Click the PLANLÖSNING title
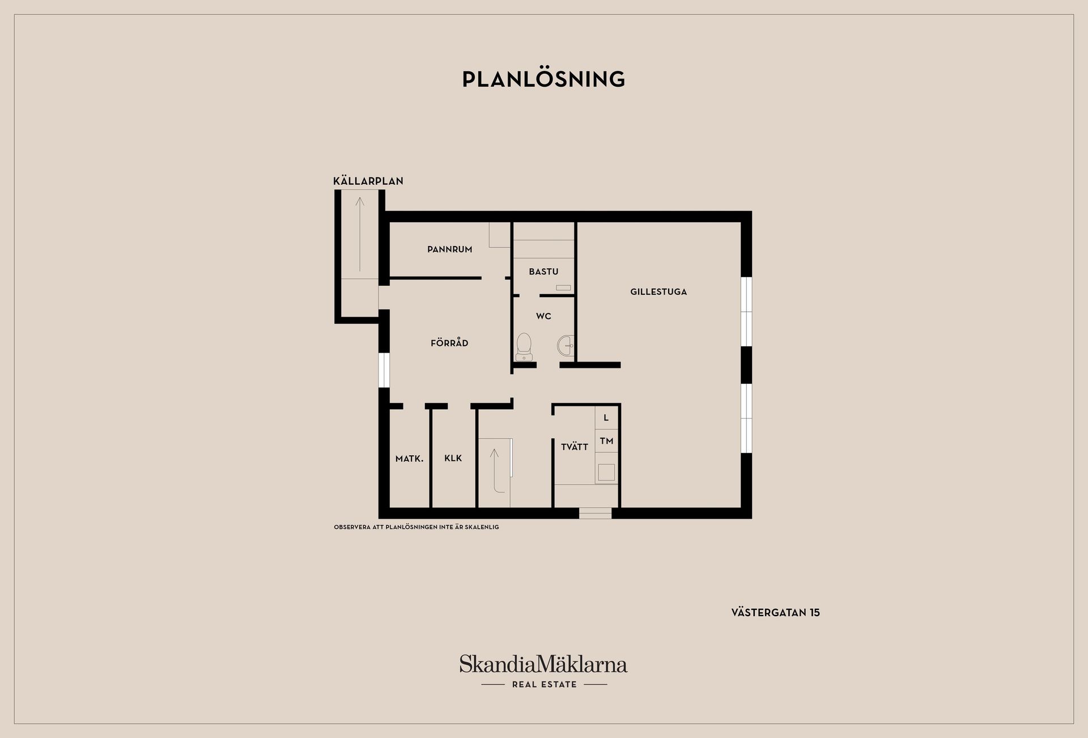point(543,79)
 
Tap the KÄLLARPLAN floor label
point(368,181)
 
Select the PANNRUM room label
point(450,249)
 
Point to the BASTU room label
point(543,272)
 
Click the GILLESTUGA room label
point(658,292)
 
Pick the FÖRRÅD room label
point(449,342)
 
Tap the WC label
point(543,316)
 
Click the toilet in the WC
point(524,346)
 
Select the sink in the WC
point(566,345)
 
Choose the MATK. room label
point(410,459)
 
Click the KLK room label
point(453,458)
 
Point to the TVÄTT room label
point(575,447)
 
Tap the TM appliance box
point(607,440)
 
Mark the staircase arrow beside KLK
point(495,470)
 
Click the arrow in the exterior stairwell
point(359,234)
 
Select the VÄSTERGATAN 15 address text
point(775,612)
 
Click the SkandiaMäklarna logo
point(543,664)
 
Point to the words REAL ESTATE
point(544,684)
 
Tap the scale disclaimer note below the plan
point(416,527)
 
